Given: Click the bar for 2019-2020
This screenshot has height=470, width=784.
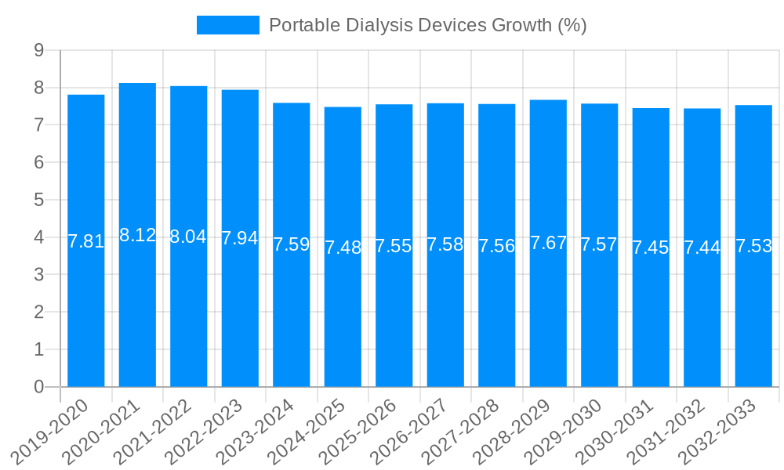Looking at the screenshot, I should click(x=86, y=313).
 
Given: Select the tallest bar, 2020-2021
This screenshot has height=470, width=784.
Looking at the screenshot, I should click(x=137, y=313).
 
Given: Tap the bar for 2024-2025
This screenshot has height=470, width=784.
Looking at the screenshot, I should click(x=343, y=313).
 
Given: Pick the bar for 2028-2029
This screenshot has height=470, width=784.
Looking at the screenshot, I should click(x=548, y=313).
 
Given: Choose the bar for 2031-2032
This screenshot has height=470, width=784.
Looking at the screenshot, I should click(x=702, y=313).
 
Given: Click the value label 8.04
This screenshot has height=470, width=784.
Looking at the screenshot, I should click(x=188, y=237).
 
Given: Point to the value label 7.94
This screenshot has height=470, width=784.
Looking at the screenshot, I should click(x=240, y=238).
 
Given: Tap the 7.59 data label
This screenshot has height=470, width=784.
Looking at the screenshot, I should click(x=292, y=244).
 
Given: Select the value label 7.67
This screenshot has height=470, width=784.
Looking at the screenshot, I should click(x=548, y=243).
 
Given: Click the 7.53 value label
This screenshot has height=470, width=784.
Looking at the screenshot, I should click(x=753, y=246).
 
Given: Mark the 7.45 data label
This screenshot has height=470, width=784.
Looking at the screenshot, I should click(x=651, y=248).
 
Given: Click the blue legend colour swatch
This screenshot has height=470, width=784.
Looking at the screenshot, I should click(x=227, y=25).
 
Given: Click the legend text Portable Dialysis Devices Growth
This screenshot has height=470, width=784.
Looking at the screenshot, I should click(x=427, y=25).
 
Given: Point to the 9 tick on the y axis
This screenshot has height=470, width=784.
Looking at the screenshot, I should click(x=38, y=51).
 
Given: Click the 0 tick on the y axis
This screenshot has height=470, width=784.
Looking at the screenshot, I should click(x=38, y=387).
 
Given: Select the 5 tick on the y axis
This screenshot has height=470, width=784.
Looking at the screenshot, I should click(x=38, y=200).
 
